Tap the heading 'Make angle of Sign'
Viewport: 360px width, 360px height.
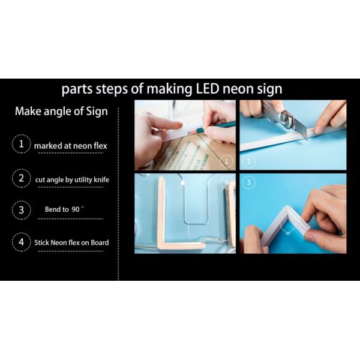point(61,112)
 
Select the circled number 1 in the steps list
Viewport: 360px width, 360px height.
point(22,144)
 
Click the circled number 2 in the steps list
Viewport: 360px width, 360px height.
point(22,178)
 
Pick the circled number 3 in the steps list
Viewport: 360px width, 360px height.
point(22,210)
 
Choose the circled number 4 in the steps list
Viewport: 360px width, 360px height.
point(22,242)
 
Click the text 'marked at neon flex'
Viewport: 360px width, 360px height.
point(70,146)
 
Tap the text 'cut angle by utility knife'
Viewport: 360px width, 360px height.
point(72,179)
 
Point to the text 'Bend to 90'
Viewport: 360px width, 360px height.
point(62,209)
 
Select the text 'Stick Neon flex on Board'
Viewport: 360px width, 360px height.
point(71,242)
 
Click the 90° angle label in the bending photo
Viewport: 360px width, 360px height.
point(288,233)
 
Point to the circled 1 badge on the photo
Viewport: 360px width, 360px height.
point(227,161)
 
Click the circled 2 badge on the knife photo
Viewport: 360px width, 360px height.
point(248,161)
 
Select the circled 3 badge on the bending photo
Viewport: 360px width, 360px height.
point(248,182)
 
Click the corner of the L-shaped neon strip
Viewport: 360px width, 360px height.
point(161,246)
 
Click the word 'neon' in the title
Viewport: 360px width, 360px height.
point(236,89)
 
